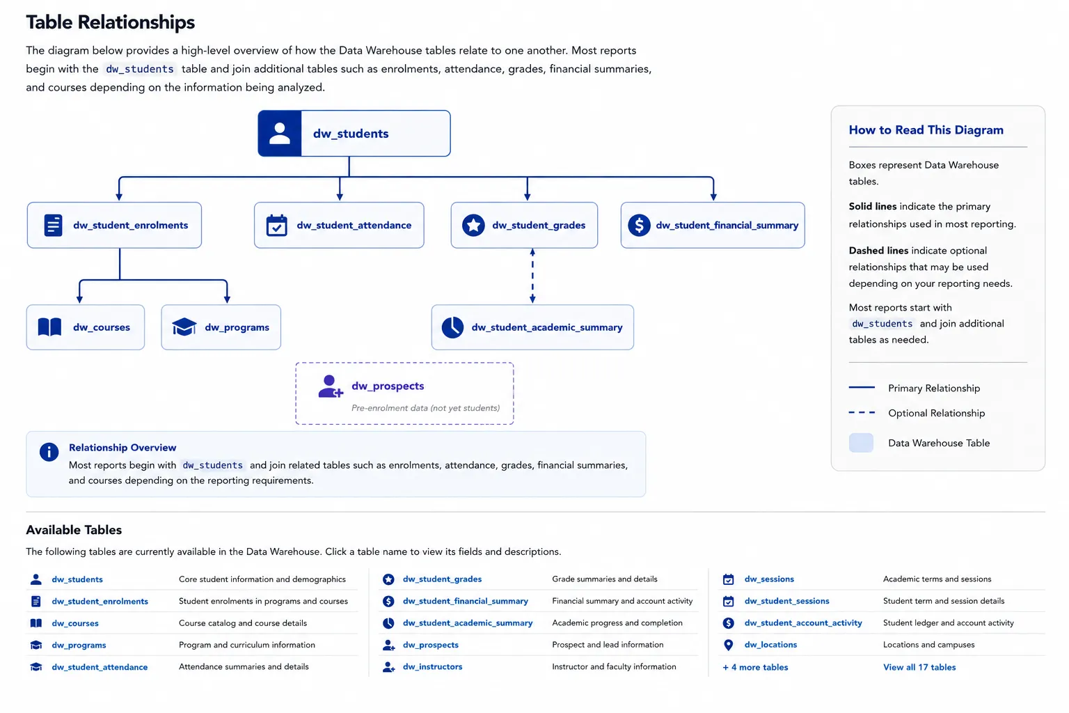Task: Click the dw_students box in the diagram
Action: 354,133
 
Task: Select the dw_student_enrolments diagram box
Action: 114,225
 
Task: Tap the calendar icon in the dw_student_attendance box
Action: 276,226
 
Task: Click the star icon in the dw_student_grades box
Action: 473,225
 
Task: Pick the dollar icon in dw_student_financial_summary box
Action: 639,225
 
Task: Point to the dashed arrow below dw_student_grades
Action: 532,276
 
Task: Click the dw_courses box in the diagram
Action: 86,327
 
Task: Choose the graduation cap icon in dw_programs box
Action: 184,327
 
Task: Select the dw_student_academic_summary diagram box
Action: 532,327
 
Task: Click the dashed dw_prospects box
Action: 404,393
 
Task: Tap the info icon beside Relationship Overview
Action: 49,452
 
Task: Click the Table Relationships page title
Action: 110,22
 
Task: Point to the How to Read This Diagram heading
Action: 926,130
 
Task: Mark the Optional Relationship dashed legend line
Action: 862,413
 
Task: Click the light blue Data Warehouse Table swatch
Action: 861,443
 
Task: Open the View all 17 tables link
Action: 919,667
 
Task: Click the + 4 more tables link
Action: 755,667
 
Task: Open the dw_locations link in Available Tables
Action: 770,645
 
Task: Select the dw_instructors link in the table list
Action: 432,666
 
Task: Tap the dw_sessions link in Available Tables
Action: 769,579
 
